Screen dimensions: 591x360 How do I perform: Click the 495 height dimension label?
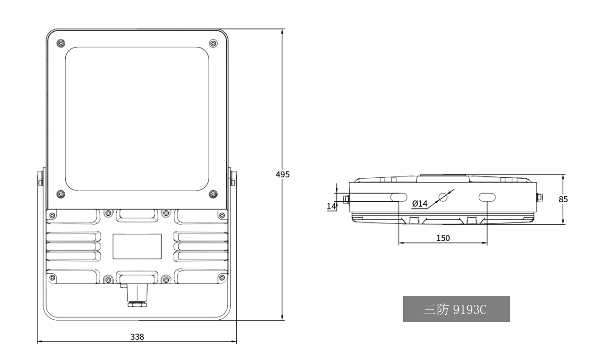tap(283, 174)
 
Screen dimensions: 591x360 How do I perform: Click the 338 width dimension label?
tap(137, 337)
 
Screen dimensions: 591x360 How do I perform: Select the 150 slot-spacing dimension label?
tap(443, 238)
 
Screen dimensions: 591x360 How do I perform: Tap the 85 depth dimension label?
tap(563, 199)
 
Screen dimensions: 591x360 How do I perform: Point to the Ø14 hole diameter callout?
tap(419, 204)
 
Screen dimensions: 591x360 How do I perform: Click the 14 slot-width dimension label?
tap(331, 206)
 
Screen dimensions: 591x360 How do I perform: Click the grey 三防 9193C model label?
tap(456, 309)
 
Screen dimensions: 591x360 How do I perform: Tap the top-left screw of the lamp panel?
tap(61, 43)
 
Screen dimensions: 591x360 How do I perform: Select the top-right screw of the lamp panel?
tap(213, 43)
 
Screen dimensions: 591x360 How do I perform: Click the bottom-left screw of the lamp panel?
tap(61, 194)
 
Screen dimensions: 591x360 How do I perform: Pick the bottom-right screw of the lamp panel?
tap(213, 194)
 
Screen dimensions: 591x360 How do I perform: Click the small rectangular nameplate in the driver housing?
tap(137, 246)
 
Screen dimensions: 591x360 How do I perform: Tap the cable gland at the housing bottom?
tap(137, 296)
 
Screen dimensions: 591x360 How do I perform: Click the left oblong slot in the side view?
tap(399, 197)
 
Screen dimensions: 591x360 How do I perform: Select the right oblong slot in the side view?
tap(487, 197)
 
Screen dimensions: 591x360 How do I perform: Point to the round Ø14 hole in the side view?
tap(443, 197)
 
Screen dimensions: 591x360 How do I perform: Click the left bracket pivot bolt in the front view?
tap(40, 179)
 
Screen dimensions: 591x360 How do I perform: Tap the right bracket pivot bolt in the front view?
tap(233, 179)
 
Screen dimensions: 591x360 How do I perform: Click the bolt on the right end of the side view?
tap(540, 197)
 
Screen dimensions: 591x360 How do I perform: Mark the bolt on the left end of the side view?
tap(346, 199)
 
